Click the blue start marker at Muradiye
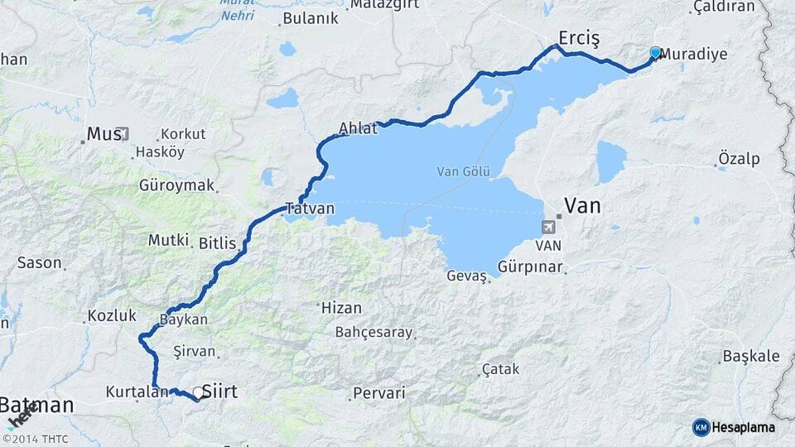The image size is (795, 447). (655, 53)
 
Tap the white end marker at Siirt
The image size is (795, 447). (198, 392)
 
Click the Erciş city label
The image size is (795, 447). (578, 38)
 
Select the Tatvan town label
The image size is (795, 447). (310, 209)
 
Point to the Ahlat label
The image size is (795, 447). (358, 128)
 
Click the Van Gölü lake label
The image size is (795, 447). (464, 172)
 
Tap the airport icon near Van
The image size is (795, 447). (547, 227)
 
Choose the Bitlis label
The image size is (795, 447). (218, 243)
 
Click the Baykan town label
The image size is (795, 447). (183, 319)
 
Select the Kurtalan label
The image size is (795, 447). (137, 391)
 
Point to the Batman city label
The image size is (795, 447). (36, 406)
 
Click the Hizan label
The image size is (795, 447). (341, 308)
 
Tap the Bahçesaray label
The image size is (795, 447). (373, 333)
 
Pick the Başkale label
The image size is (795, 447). (751, 356)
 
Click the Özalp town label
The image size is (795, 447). (740, 158)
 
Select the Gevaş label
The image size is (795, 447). (465, 276)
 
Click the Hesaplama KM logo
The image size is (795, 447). (734, 427)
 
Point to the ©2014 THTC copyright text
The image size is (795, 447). (35, 439)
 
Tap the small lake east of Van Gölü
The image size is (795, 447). (611, 161)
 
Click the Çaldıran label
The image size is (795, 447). (723, 7)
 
